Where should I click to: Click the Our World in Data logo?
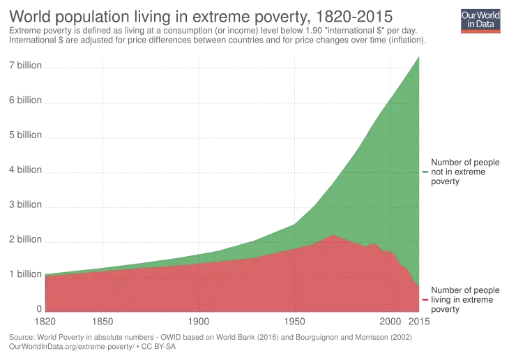coord(480,20)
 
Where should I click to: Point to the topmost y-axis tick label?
coord(24,67)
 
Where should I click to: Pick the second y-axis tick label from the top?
coord(24,101)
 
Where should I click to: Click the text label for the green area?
coord(463,172)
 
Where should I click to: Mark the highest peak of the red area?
coord(333,235)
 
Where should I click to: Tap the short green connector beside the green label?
coord(425,170)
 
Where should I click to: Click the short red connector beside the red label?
coord(425,300)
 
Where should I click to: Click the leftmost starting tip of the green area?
coord(45,276)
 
